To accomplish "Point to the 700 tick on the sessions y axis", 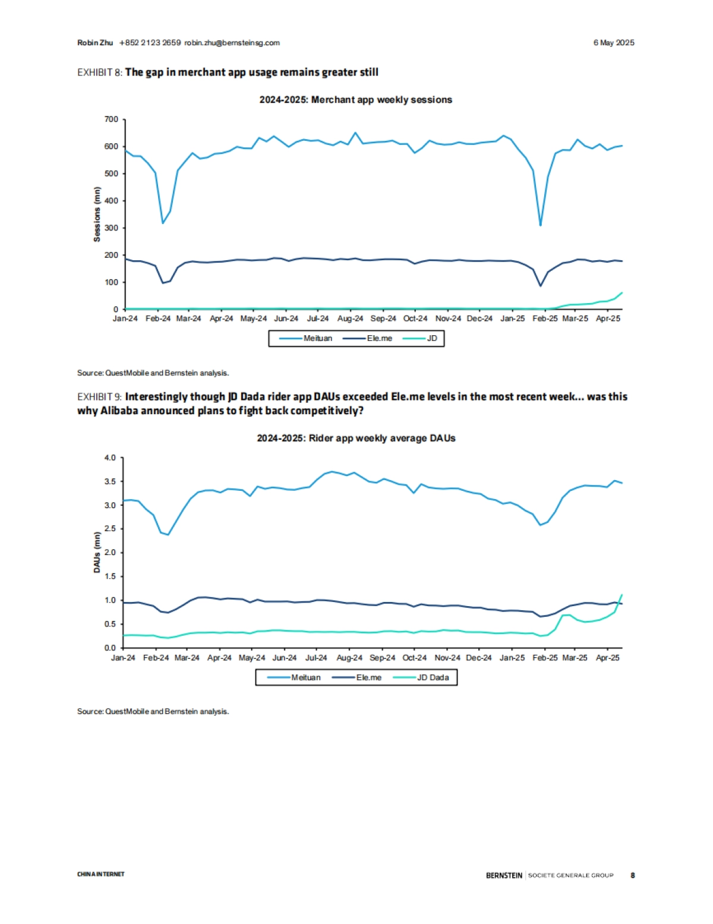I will tap(112, 119).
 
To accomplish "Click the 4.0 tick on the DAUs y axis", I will tap(110, 458).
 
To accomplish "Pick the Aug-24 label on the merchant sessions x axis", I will tap(350, 318).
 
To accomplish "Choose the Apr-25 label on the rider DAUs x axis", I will tap(607, 658).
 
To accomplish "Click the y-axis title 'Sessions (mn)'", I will tap(97, 215).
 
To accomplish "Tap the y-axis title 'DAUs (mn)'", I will tap(97, 552).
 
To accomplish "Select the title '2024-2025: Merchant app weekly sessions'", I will tap(355, 100).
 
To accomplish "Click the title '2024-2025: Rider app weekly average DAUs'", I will tap(356, 438).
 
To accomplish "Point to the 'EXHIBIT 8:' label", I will tap(100, 72).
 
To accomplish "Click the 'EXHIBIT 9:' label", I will tap(100, 397).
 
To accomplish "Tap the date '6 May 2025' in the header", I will tap(613, 43).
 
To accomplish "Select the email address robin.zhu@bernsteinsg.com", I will tap(232, 43).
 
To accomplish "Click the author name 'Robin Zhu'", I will tap(95, 43).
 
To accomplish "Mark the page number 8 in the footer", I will tap(633, 875).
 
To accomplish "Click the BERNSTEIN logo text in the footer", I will tap(504, 875).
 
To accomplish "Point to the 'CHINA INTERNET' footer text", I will tap(101, 874).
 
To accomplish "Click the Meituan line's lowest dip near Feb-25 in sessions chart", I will tap(540, 225).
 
